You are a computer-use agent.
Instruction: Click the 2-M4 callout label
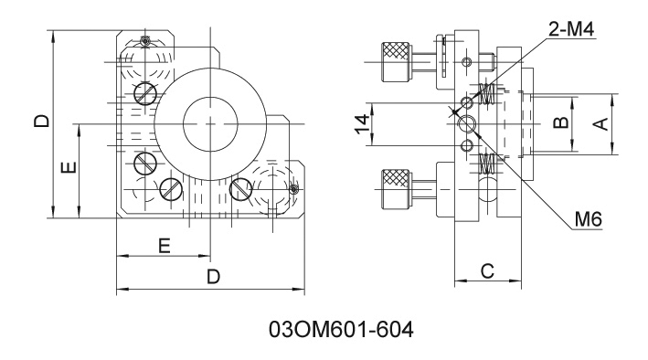571,29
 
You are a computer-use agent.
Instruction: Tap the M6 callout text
588,219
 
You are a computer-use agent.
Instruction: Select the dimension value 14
363,124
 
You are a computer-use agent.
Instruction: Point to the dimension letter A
602,123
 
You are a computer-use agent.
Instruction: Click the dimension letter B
561,122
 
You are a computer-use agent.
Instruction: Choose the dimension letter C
488,271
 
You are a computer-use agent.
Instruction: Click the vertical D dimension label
42,121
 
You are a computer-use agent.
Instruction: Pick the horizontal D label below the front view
213,277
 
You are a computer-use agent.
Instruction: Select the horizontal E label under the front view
165,246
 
